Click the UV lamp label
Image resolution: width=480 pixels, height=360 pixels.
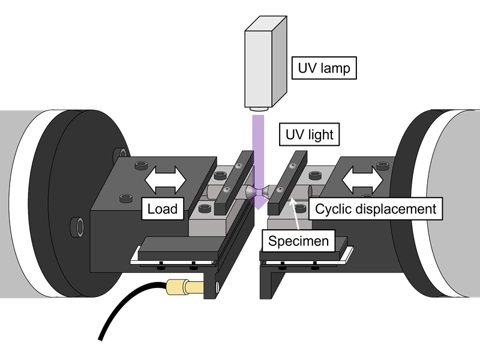point(323,68)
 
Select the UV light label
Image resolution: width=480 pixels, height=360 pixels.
point(308,134)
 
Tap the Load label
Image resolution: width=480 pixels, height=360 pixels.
point(163,209)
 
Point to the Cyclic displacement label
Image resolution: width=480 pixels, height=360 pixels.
point(376,209)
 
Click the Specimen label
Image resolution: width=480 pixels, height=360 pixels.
point(298,241)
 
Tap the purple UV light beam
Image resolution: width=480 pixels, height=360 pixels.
point(259,150)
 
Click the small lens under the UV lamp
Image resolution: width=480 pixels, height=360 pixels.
point(259,109)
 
